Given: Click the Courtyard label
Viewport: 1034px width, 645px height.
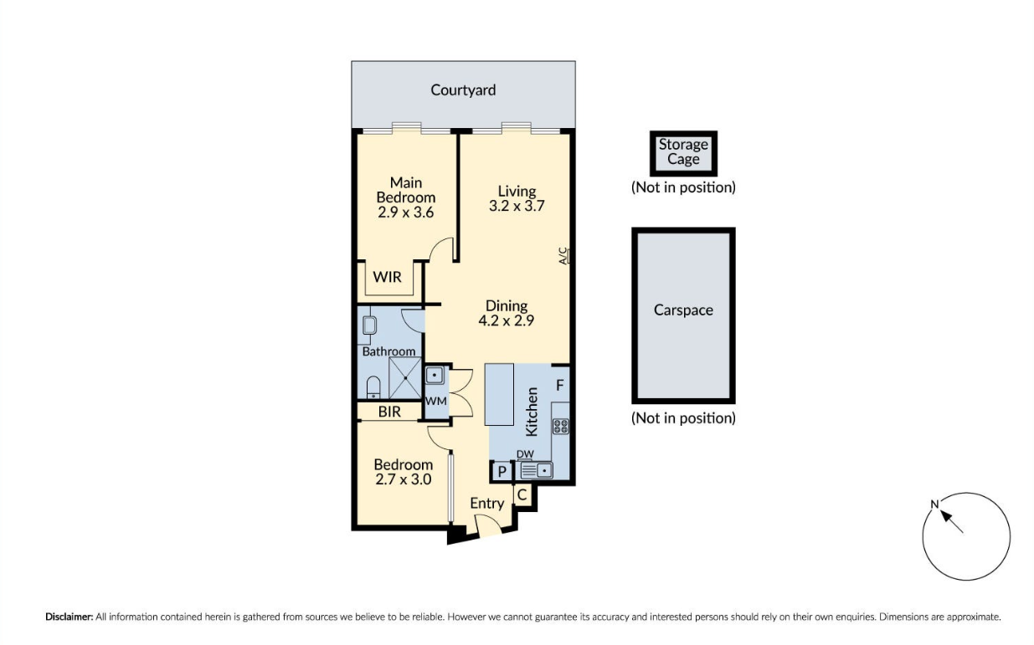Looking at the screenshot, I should pos(463,90).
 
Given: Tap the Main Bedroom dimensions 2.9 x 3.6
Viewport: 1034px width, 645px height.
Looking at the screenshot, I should pos(406,212).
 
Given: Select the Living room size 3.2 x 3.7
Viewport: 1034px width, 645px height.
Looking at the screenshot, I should pos(517,205).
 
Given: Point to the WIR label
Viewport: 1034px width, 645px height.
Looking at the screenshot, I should pos(387,277).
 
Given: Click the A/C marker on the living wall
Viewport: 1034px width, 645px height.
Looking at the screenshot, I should pos(564,255).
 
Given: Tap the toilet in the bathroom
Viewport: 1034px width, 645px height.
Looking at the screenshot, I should pos(373,386).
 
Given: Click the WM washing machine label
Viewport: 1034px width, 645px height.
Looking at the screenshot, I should pos(435,402).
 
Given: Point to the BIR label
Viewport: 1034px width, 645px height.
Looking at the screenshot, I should pos(389,412).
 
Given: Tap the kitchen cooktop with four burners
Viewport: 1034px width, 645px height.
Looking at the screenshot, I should pos(561,426).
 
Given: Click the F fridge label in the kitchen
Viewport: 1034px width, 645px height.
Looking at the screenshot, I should pos(561,386).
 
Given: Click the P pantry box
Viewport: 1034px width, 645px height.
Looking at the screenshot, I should pos(501,472).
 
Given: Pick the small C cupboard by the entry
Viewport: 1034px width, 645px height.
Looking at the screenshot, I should pos(522,494).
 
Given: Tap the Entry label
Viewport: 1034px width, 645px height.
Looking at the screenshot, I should pos(486,503).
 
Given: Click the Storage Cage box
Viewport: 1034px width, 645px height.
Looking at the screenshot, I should pos(683,152).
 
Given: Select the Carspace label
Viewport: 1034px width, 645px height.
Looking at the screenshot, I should pos(683,310).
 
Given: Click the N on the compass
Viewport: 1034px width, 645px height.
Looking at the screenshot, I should pos(934,504).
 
